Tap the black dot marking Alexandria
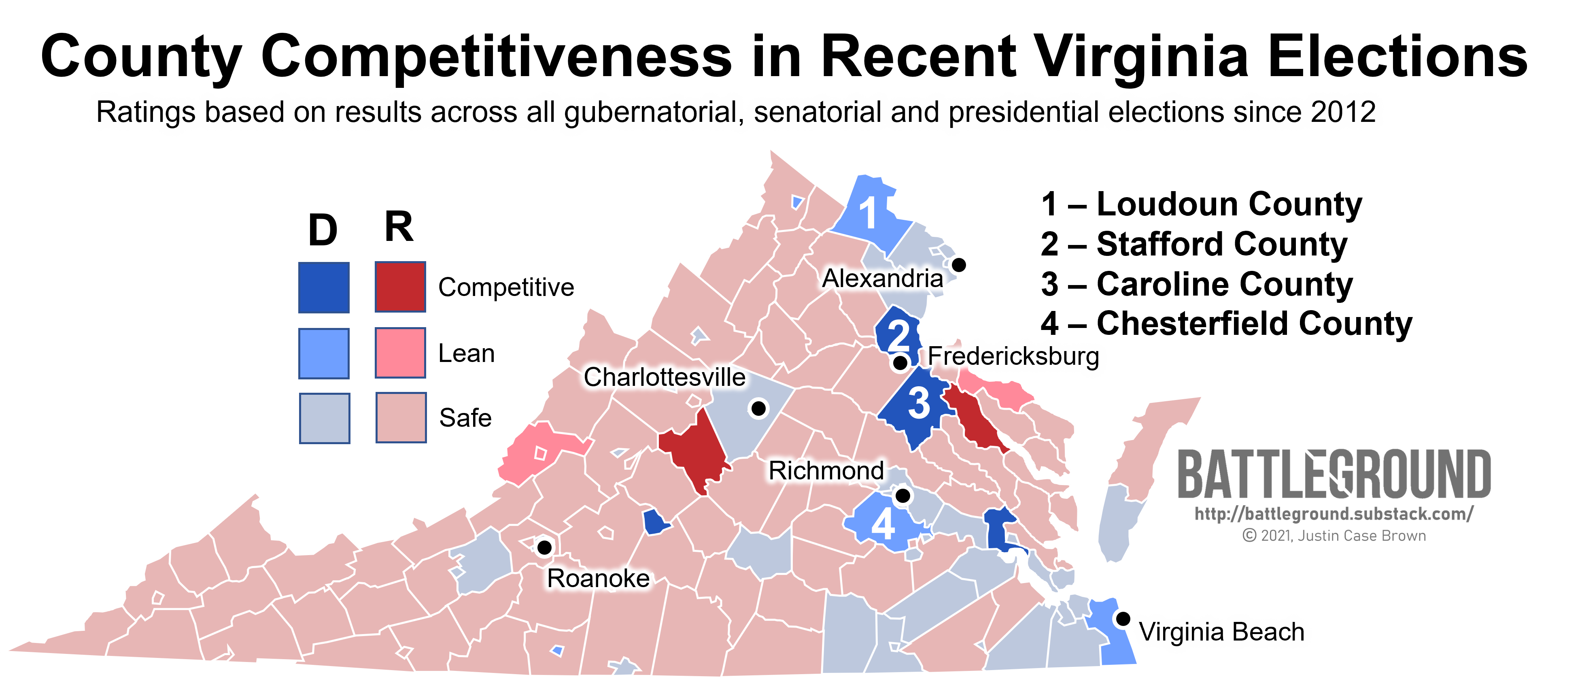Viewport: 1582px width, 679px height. click(x=959, y=265)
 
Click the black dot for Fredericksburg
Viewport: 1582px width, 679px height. click(x=900, y=362)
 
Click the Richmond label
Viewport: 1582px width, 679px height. click(x=826, y=471)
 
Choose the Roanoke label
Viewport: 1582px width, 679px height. click(x=598, y=578)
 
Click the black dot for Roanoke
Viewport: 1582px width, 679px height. click(x=544, y=546)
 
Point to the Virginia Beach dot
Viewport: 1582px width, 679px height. click(x=1123, y=619)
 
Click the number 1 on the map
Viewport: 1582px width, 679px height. click(x=868, y=213)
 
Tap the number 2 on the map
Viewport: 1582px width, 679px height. click(x=898, y=336)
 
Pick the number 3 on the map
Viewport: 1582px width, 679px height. click(x=919, y=403)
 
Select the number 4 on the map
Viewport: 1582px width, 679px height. click(x=883, y=524)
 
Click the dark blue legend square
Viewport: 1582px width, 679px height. click(x=324, y=287)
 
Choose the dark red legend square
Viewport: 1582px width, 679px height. click(x=400, y=287)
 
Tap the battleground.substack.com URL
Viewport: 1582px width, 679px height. click(x=1334, y=514)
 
